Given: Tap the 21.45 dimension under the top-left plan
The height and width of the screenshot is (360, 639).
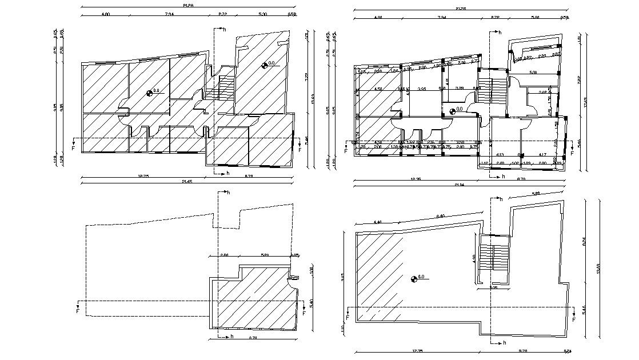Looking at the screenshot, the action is [x=187, y=182].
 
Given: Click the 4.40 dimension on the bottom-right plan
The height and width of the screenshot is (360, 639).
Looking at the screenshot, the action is [x=377, y=222].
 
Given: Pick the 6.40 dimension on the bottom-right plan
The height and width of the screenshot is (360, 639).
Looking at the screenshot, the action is [x=441, y=216].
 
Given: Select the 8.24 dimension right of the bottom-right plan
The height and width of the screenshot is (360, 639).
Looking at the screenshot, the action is [x=584, y=242].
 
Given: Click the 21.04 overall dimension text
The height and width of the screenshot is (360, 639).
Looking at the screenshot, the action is [x=459, y=185].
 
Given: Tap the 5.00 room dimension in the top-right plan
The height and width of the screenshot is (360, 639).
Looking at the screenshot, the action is [x=533, y=73].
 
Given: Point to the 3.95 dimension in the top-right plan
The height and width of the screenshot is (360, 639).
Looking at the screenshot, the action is [x=422, y=89].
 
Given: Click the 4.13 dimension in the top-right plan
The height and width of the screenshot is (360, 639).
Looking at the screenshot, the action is [x=500, y=155].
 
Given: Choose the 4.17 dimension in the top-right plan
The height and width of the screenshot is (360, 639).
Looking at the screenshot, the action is [x=543, y=155].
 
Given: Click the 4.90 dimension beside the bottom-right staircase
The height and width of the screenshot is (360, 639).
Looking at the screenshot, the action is [x=473, y=258].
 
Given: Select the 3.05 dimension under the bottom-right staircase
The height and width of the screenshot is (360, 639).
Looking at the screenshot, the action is [x=494, y=287].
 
